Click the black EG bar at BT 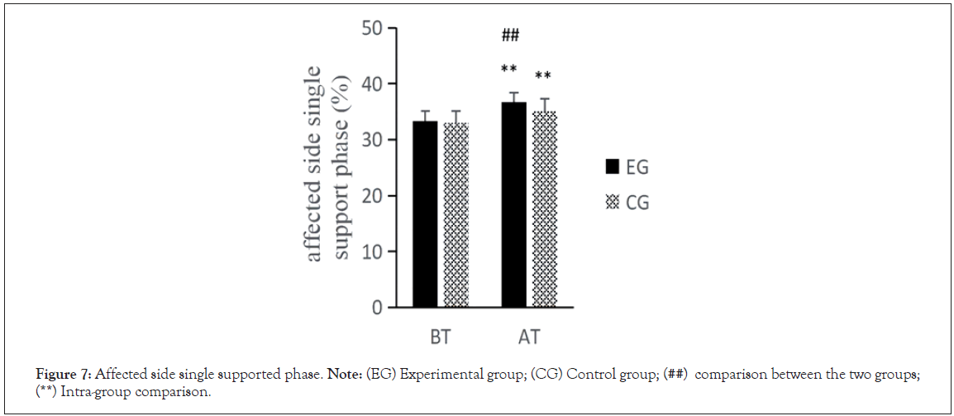tap(426, 213)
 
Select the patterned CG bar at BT tap(456, 215)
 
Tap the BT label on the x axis tap(441, 337)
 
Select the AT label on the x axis tap(528, 337)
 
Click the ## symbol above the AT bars tap(510, 35)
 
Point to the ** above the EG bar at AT tap(509, 70)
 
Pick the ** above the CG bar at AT tap(543, 77)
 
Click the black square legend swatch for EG tap(613, 167)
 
